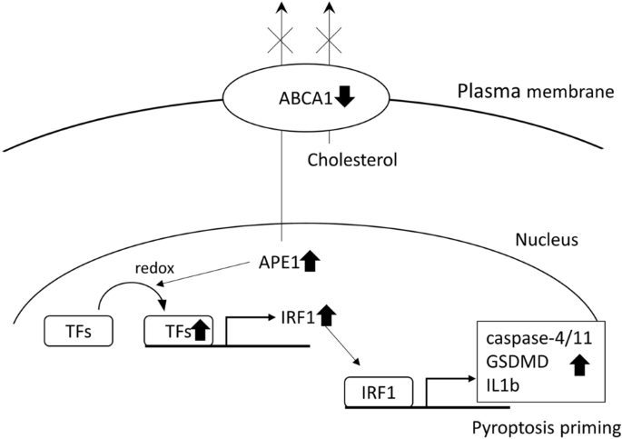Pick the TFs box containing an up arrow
point(179,331)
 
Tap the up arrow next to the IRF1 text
point(327,317)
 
